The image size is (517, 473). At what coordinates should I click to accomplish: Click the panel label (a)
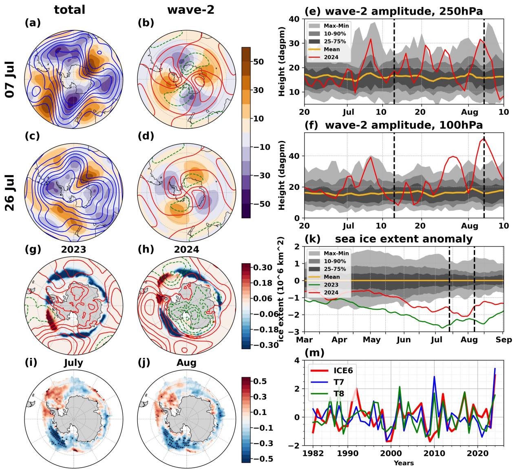pyautogui.click(x=33, y=23)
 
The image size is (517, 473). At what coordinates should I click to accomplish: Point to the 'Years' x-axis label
pyautogui.click(x=404, y=463)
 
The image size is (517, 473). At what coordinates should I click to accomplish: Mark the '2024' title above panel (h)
pyautogui.click(x=188, y=249)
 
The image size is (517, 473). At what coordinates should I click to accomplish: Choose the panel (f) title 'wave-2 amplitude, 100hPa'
pyautogui.click(x=404, y=125)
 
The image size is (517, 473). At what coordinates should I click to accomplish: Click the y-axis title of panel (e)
pyautogui.click(x=282, y=61)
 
